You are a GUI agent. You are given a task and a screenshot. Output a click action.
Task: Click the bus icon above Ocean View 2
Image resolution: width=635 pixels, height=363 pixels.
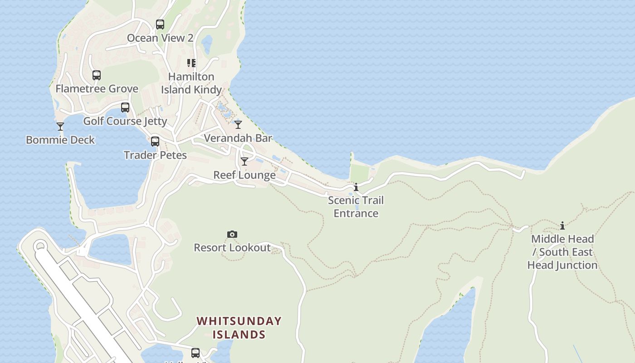coord(160,25)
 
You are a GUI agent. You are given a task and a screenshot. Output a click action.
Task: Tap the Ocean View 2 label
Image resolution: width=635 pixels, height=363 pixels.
coord(160,38)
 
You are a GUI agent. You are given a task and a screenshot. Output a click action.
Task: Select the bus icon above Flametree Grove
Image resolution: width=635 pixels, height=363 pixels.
coord(97,75)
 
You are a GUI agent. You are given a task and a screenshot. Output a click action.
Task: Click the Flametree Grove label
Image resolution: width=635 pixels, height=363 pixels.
coord(97,89)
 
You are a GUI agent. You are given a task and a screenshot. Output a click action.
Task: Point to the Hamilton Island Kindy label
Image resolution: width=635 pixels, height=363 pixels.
coord(191,83)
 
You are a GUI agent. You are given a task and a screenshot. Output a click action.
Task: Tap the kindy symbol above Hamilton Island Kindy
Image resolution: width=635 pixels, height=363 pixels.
coord(191,63)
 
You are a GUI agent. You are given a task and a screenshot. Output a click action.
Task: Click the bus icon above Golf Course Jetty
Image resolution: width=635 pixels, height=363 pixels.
coord(125,108)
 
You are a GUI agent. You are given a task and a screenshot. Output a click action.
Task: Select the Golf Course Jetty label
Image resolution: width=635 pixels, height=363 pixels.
coord(125,121)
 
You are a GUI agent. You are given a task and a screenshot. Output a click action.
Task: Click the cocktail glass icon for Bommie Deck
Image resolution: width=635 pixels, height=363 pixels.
coord(60,127)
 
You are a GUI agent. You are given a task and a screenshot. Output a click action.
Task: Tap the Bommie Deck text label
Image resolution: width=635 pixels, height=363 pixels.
coord(60,140)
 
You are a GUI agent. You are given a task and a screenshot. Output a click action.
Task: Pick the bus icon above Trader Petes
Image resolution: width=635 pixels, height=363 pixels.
coord(155,142)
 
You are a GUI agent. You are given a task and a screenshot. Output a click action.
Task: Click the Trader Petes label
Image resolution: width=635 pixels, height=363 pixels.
coord(155,155)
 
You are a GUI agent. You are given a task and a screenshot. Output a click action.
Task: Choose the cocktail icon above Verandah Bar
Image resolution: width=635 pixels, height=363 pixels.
coord(238,124)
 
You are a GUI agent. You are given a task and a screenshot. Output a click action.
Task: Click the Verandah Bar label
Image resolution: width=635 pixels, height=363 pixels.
coord(238,138)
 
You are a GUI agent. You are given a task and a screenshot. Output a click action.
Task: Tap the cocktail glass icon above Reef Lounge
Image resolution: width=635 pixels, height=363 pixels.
coord(244,162)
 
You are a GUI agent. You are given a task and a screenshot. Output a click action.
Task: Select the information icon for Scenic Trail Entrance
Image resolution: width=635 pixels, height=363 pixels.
coord(356,187)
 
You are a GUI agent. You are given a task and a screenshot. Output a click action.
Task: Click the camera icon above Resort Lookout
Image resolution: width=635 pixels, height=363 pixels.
coord(232,234)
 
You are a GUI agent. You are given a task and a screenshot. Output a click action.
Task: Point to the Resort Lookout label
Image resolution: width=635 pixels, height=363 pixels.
coord(232,248)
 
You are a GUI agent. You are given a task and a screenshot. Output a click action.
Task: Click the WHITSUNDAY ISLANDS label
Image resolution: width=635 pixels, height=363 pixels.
coord(239,328)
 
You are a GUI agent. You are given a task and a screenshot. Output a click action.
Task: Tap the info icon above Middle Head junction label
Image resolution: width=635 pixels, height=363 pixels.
coord(562,226)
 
